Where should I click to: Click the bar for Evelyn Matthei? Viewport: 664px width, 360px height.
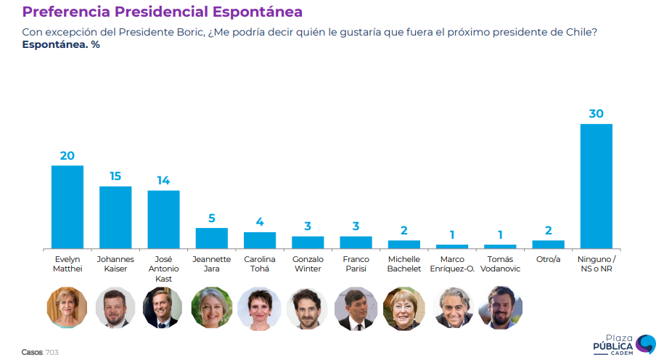tap(67, 207)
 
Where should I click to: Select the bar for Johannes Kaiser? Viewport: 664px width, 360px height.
tap(115, 217)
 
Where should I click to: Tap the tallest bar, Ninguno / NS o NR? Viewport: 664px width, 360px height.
tap(597, 186)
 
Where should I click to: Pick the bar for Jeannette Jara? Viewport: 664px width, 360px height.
tap(211, 238)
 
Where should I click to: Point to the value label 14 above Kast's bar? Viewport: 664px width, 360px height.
tap(163, 180)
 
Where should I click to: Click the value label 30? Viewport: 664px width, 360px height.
tap(597, 113)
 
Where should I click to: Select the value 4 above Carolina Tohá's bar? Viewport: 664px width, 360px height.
tap(260, 222)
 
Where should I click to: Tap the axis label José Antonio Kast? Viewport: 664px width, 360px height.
tap(163, 269)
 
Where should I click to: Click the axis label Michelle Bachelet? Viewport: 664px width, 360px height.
tap(404, 263)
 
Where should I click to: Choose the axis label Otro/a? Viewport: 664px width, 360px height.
tap(549, 259)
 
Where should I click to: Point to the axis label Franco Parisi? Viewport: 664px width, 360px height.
tap(356, 263)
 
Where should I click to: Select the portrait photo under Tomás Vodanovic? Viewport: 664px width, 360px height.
tap(501, 308)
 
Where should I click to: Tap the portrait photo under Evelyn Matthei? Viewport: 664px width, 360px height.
tap(67, 308)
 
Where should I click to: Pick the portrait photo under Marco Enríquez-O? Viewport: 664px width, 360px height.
tap(453, 308)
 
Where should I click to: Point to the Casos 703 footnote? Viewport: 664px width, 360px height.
tap(40, 352)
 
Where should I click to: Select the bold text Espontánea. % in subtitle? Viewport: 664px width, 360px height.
tap(60, 45)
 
